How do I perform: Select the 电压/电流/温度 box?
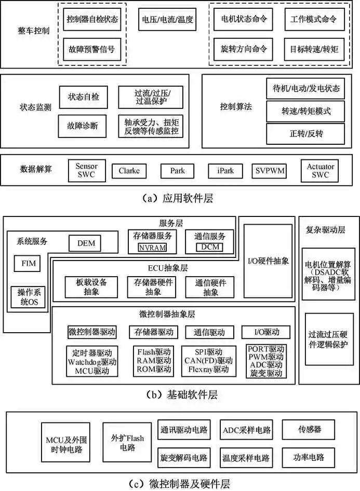point(167,21)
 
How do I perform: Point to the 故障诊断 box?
point(83,126)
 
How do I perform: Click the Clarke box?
point(129,170)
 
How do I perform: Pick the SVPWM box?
point(270,170)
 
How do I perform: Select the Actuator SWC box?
point(321,170)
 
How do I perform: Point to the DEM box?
point(85,243)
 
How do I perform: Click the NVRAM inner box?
point(152,248)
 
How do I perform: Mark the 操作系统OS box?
point(28,296)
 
